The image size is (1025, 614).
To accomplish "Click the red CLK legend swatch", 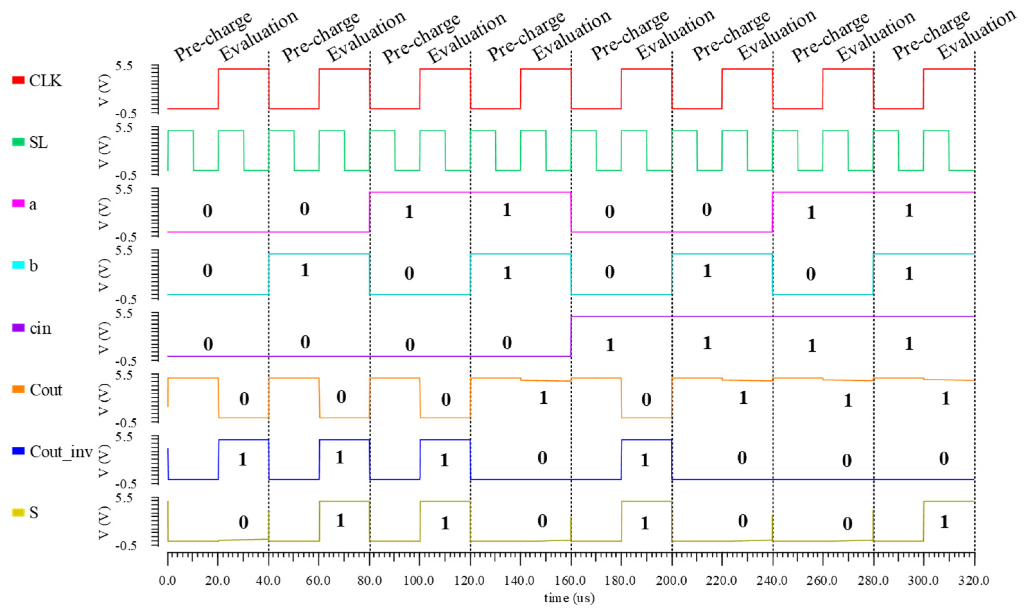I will (18, 80).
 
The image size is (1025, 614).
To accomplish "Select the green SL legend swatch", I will (18, 142).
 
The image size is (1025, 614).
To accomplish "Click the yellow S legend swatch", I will (18, 513).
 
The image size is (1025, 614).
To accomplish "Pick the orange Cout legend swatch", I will (18, 389).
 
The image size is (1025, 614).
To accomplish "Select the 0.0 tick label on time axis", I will (167, 581).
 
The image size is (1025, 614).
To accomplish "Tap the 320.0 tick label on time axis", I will (974, 581).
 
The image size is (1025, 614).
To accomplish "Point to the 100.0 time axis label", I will (419, 581).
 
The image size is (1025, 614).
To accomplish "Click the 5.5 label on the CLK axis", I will (124, 66).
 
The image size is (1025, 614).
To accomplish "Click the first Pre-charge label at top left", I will (212, 36).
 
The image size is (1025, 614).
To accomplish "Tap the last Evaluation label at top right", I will (976, 34).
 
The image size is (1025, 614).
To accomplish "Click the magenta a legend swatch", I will (18, 204).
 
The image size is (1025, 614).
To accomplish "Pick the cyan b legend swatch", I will (18, 265).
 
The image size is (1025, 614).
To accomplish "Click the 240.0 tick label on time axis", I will (772, 581).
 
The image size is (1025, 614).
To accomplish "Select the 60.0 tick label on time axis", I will (318, 581).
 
